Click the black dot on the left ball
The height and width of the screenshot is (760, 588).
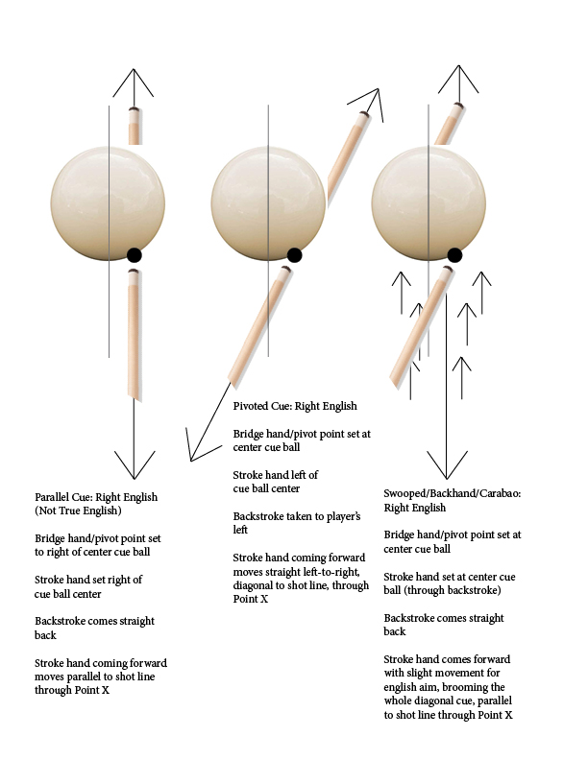point(134,255)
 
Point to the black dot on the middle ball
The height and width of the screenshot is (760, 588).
point(294,255)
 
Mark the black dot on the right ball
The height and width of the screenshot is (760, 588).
point(454,255)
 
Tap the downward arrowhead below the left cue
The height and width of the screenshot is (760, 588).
point(134,468)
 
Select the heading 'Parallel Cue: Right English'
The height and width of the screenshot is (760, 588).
point(96,497)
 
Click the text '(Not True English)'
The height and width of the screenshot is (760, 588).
point(76,511)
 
